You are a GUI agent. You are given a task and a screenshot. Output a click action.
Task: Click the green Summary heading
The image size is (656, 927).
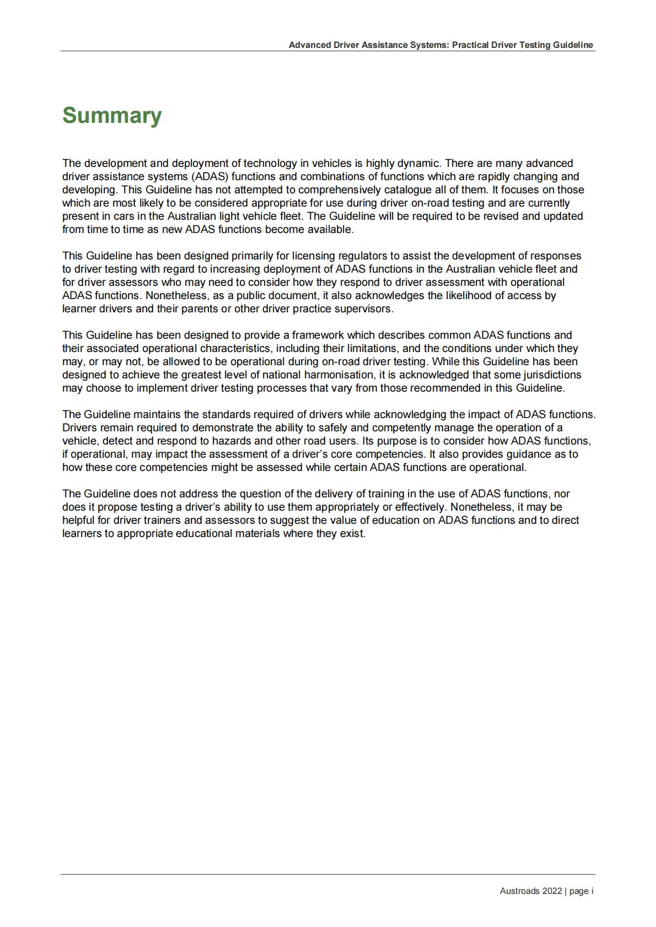tap(112, 116)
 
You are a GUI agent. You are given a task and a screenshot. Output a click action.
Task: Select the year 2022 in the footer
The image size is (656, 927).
tap(552, 891)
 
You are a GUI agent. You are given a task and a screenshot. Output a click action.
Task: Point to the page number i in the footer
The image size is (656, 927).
tap(592, 891)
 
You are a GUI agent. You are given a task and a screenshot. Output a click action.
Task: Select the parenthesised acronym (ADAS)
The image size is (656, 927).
tap(210, 177)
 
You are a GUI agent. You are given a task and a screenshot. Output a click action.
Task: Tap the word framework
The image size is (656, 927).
tap(318, 335)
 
